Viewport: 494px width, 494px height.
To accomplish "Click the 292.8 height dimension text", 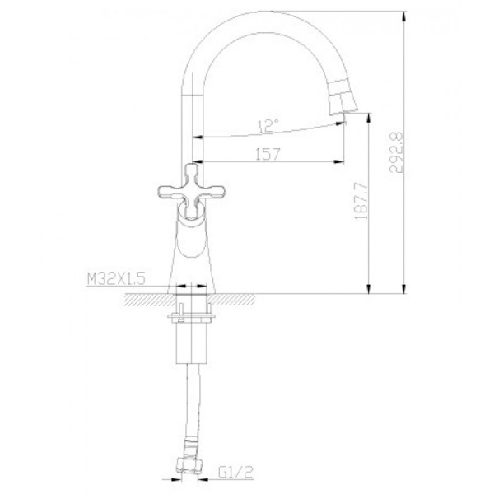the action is click(396, 152).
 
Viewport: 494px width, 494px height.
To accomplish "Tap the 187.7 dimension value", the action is click(361, 201).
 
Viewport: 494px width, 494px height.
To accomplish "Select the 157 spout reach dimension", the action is click(267, 154).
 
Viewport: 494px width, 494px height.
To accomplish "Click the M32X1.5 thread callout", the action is click(116, 278).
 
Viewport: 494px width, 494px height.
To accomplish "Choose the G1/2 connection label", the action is click(235, 472).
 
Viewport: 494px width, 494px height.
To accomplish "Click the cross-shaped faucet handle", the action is click(191, 191).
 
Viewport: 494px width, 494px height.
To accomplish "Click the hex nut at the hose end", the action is click(189, 463).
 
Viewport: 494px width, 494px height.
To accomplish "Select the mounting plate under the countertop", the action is click(192, 318).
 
